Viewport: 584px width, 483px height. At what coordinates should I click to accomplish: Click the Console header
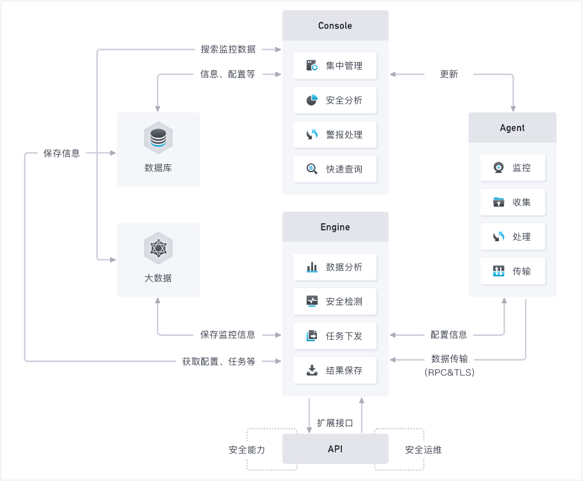(x=335, y=26)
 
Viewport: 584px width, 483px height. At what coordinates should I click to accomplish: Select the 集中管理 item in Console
(x=335, y=66)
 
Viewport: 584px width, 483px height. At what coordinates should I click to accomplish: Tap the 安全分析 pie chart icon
(x=312, y=100)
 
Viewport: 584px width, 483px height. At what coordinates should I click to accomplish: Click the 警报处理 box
(x=335, y=135)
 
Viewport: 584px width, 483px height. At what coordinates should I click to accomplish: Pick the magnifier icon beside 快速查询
(x=312, y=169)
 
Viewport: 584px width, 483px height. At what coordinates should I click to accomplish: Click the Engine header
(x=335, y=227)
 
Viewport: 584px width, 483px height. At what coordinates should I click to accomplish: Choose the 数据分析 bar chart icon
(x=312, y=267)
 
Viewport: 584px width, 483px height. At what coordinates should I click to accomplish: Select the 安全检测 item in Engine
(x=335, y=301)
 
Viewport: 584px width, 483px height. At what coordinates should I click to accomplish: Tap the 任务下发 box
(x=335, y=336)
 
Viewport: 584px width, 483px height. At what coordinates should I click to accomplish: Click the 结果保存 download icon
(x=312, y=370)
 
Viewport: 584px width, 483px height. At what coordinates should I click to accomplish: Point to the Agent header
(x=512, y=128)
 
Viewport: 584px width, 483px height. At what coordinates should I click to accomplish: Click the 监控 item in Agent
(x=513, y=168)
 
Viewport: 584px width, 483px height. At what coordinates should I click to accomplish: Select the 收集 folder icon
(x=498, y=202)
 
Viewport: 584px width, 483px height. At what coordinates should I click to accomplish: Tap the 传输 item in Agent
(x=513, y=271)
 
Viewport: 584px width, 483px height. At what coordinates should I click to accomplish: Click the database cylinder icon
(x=158, y=138)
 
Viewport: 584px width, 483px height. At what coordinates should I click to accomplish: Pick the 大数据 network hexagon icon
(x=158, y=248)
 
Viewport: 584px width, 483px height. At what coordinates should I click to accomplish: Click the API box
(x=335, y=448)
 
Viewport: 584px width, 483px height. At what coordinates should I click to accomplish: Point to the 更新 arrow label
(x=449, y=74)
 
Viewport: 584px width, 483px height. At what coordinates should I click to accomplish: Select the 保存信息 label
(x=61, y=153)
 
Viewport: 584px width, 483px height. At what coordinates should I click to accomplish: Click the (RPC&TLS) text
(x=450, y=372)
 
